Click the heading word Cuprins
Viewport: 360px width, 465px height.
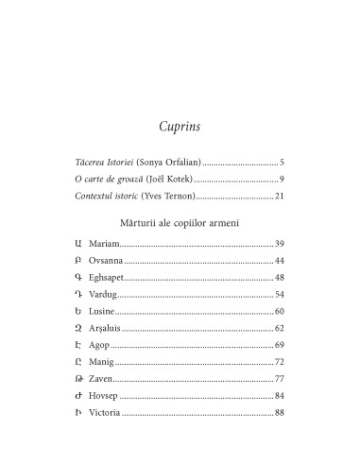[x=180, y=127]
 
